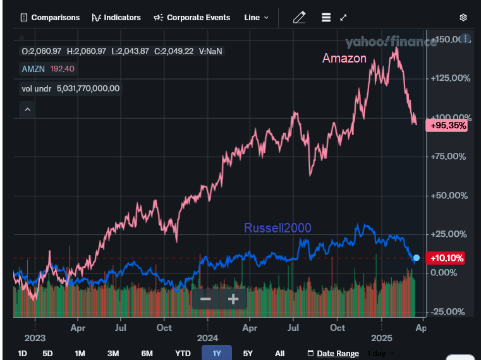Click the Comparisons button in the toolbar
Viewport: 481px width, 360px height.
50,18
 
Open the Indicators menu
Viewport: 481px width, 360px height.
116,18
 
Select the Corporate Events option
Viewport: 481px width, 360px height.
192,18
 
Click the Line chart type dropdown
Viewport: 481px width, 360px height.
256,18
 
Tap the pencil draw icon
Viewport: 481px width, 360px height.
299,18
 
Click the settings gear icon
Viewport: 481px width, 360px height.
463,18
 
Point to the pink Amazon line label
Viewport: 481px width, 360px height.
344,59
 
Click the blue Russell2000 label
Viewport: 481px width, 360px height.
277,228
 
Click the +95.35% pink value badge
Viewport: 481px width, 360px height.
448,126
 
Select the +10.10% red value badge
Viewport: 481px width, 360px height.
447,258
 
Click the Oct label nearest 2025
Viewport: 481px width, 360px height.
338,328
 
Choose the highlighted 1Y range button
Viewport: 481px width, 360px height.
217,353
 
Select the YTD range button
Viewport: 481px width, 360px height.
183,353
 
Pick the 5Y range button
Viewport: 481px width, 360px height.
248,353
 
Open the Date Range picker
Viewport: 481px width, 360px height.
332,353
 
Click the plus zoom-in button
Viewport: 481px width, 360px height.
233,299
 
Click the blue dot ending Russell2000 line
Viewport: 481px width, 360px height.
416,258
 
